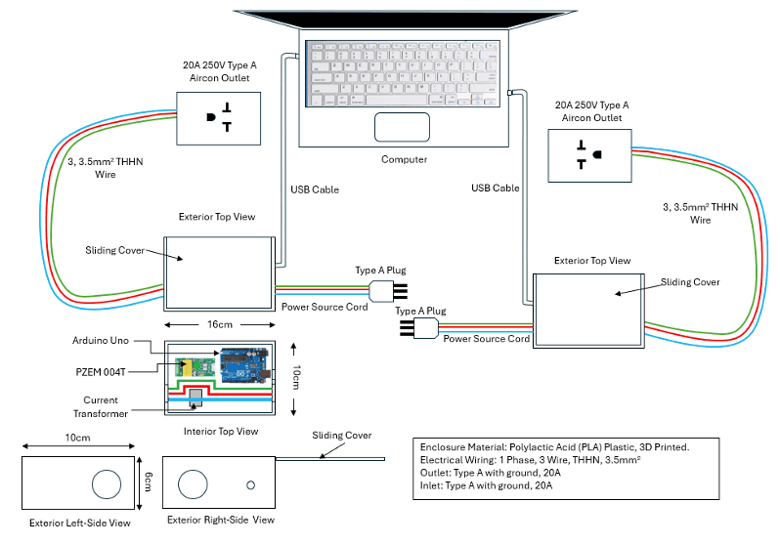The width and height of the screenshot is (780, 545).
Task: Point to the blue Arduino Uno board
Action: coord(238,365)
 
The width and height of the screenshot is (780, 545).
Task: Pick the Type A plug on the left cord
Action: coord(387,290)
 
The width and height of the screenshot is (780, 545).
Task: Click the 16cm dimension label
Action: coord(219,324)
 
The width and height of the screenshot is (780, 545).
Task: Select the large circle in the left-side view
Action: coord(105,483)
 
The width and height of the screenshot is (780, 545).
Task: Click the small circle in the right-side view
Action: coord(251,485)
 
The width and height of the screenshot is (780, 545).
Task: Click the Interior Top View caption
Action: coord(220,431)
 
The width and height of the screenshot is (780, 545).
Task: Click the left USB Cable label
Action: coord(315,189)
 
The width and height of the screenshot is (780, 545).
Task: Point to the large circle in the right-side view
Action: coord(193,484)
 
